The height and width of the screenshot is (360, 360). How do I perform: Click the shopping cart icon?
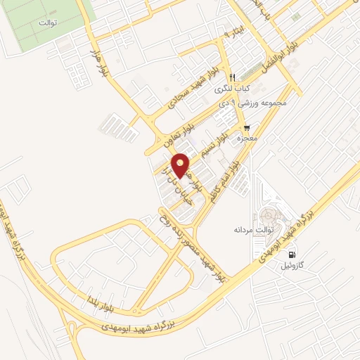click(247, 128)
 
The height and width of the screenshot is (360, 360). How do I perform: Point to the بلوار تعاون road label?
click(179, 131)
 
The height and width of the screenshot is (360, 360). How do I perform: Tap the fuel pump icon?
click(291, 254)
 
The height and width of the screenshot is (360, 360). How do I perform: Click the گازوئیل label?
click(293, 266)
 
